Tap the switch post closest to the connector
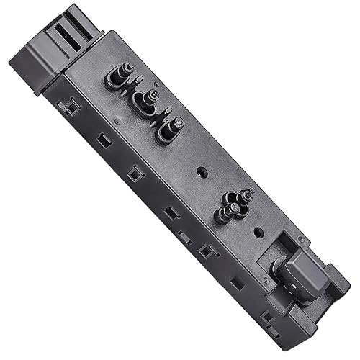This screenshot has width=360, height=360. (119, 76)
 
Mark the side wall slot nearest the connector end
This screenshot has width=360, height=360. (70, 108)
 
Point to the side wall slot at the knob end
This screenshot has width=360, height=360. (267, 315)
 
